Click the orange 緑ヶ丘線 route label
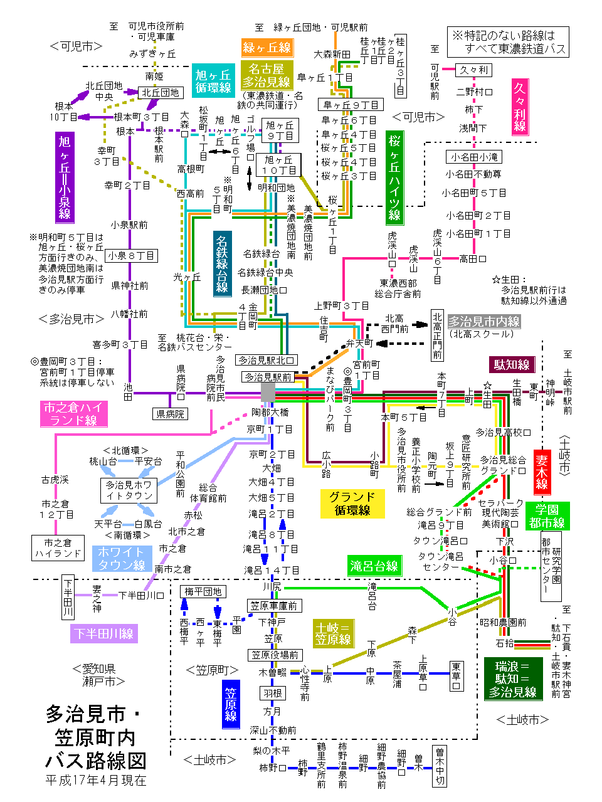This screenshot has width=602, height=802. point(267,48)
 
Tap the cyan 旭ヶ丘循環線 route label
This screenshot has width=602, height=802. point(213,82)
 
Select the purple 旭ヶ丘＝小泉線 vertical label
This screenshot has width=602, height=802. point(65,177)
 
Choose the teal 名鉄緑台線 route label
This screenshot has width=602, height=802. point(222,263)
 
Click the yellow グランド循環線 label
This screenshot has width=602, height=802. point(352,504)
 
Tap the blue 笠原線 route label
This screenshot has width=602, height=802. point(231,704)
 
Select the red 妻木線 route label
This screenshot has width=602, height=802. point(542,472)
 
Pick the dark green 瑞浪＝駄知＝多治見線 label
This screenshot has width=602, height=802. point(512,678)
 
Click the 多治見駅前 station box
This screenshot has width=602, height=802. point(268,377)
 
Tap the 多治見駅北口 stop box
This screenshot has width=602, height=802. point(267,360)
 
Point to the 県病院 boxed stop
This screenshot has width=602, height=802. point(170,414)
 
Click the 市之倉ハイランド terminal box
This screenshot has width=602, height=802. point(58,548)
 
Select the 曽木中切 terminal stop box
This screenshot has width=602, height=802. point(440,766)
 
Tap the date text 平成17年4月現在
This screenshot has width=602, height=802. point(95,781)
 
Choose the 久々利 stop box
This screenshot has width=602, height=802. point(473,70)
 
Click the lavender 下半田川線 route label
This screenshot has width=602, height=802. point(103,633)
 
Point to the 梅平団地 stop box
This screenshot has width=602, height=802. point(203,591)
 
